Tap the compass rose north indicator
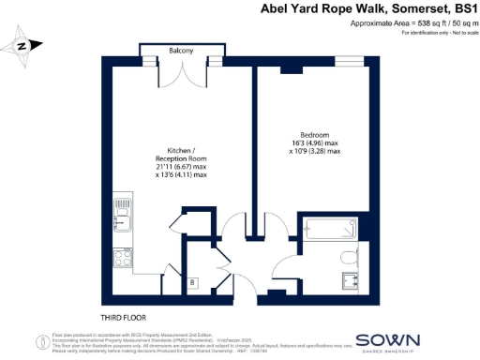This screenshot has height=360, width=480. pos(22,44)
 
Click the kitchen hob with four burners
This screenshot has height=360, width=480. pos(123,254)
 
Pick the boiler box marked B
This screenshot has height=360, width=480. pos(192,282)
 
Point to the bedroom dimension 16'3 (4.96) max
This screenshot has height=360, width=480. pos(315,143)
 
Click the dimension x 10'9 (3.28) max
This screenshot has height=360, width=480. pos(315,152)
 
